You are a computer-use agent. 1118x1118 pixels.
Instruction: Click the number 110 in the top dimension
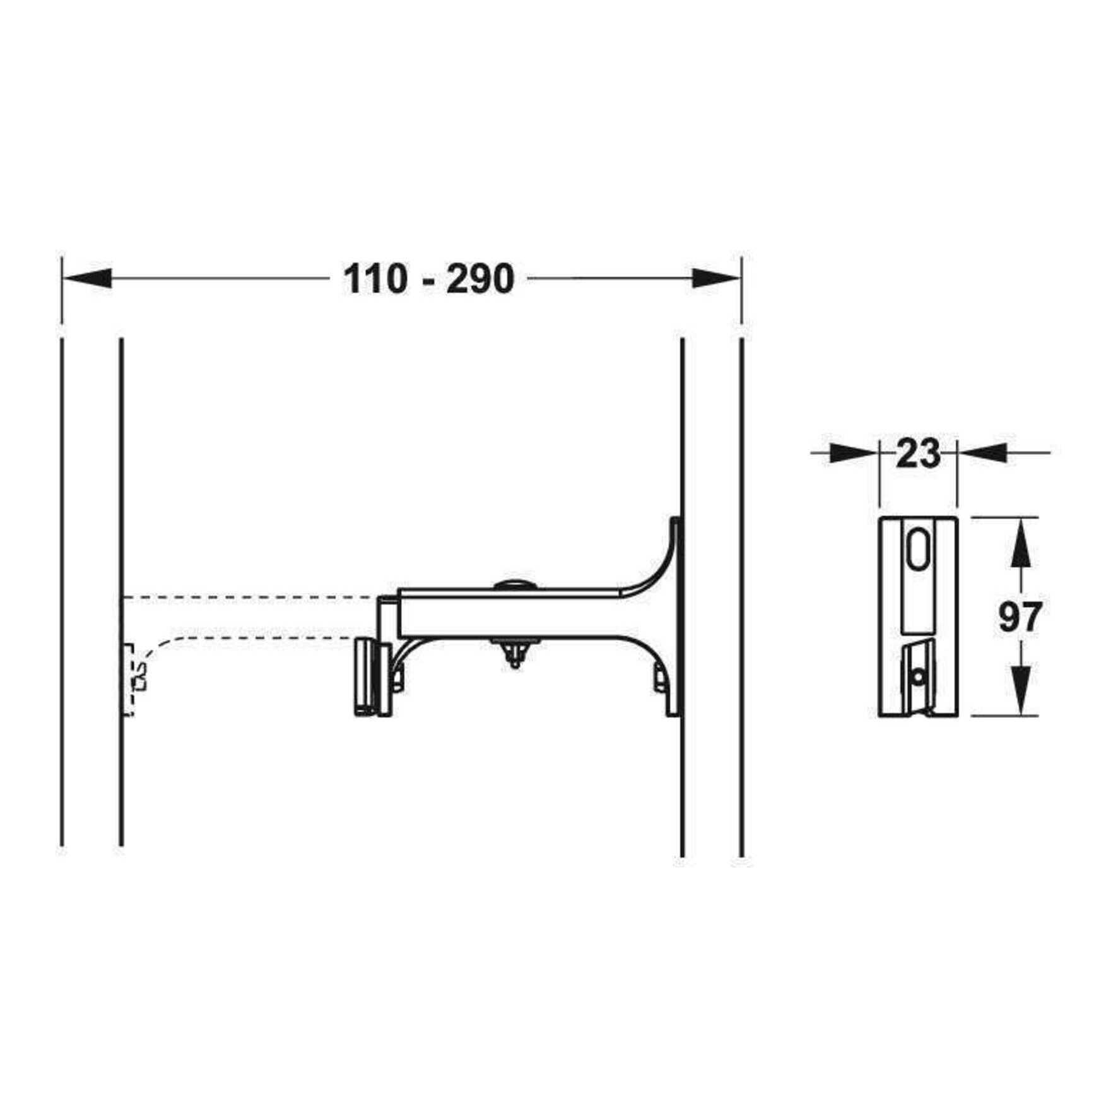[x=375, y=279]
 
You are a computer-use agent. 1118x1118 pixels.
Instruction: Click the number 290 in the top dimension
[x=480, y=279]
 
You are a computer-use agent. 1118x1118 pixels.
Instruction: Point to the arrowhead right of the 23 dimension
[x=983, y=452]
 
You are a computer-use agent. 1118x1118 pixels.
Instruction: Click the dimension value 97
[x=1018, y=617]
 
